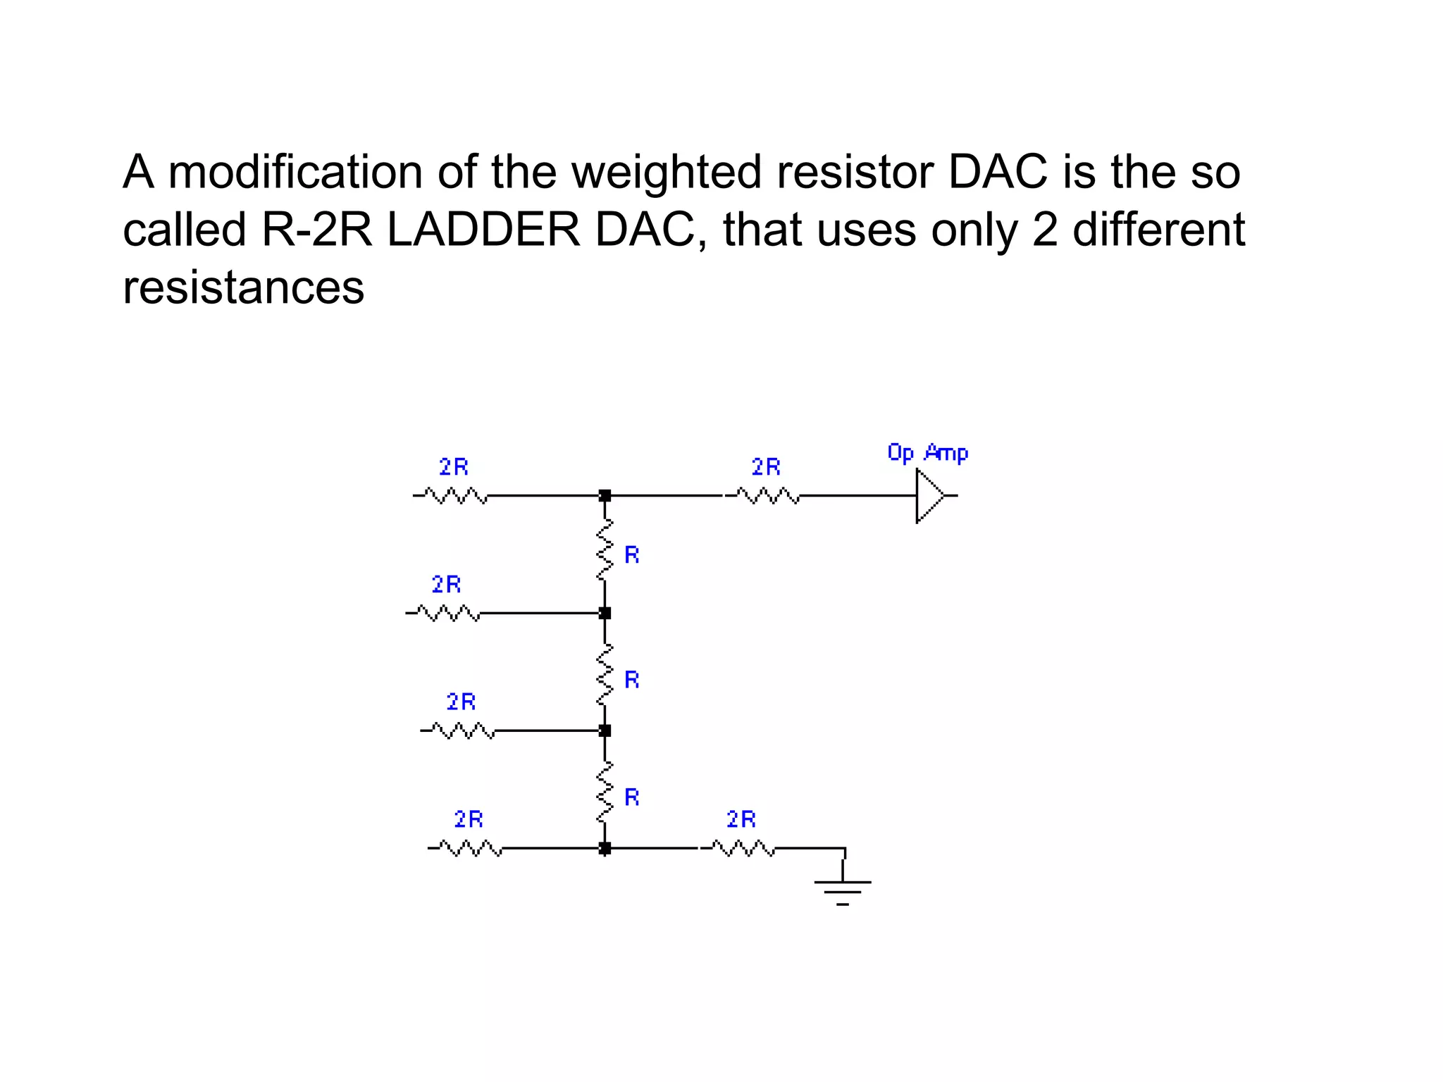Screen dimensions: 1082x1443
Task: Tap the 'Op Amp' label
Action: [x=927, y=452]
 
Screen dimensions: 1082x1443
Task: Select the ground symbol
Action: [x=843, y=889]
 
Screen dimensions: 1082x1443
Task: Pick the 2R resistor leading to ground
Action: [x=742, y=848]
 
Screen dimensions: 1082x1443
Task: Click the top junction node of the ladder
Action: [x=605, y=496]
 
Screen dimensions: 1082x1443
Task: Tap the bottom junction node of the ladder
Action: [x=605, y=848]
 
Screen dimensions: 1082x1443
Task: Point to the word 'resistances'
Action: [x=243, y=287]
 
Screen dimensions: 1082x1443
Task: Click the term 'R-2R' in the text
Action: [x=316, y=230]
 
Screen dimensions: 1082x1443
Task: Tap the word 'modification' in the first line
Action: [x=295, y=172]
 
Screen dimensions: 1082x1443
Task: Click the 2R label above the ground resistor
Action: [x=741, y=819]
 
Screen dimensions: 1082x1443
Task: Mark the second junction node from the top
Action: [x=605, y=614]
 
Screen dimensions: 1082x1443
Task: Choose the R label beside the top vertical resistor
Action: [x=632, y=555]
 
